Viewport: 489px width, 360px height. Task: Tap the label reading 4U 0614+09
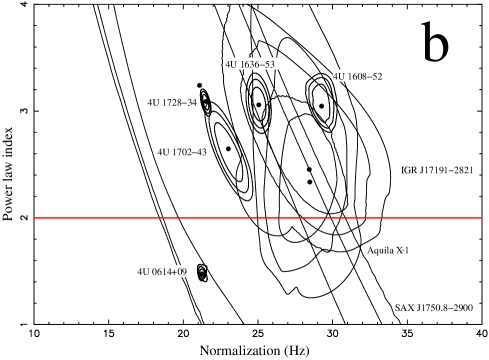[x=160, y=271]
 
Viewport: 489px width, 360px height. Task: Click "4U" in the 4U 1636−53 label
[x=231, y=64]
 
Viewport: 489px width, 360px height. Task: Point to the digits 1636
[x=250, y=64]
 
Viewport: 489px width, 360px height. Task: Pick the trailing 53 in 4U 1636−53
[x=269, y=64]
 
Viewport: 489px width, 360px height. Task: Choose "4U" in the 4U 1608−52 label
[x=339, y=76]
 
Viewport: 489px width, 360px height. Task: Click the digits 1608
[x=357, y=76]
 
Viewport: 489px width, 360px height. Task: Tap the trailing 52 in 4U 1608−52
[x=377, y=76]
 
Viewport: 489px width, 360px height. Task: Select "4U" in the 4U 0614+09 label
[x=144, y=271]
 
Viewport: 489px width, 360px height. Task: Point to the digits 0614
[x=162, y=271]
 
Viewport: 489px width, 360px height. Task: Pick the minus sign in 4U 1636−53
[x=262, y=64]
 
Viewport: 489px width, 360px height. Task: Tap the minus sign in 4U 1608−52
[x=369, y=76]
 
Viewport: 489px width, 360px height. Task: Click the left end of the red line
[x=36, y=217]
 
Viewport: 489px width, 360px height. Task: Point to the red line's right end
[x=480, y=217]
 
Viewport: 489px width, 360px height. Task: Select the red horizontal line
[x=258, y=217]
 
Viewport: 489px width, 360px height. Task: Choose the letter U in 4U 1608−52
[x=342, y=76]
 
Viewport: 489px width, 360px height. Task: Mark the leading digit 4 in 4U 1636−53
[x=228, y=64]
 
